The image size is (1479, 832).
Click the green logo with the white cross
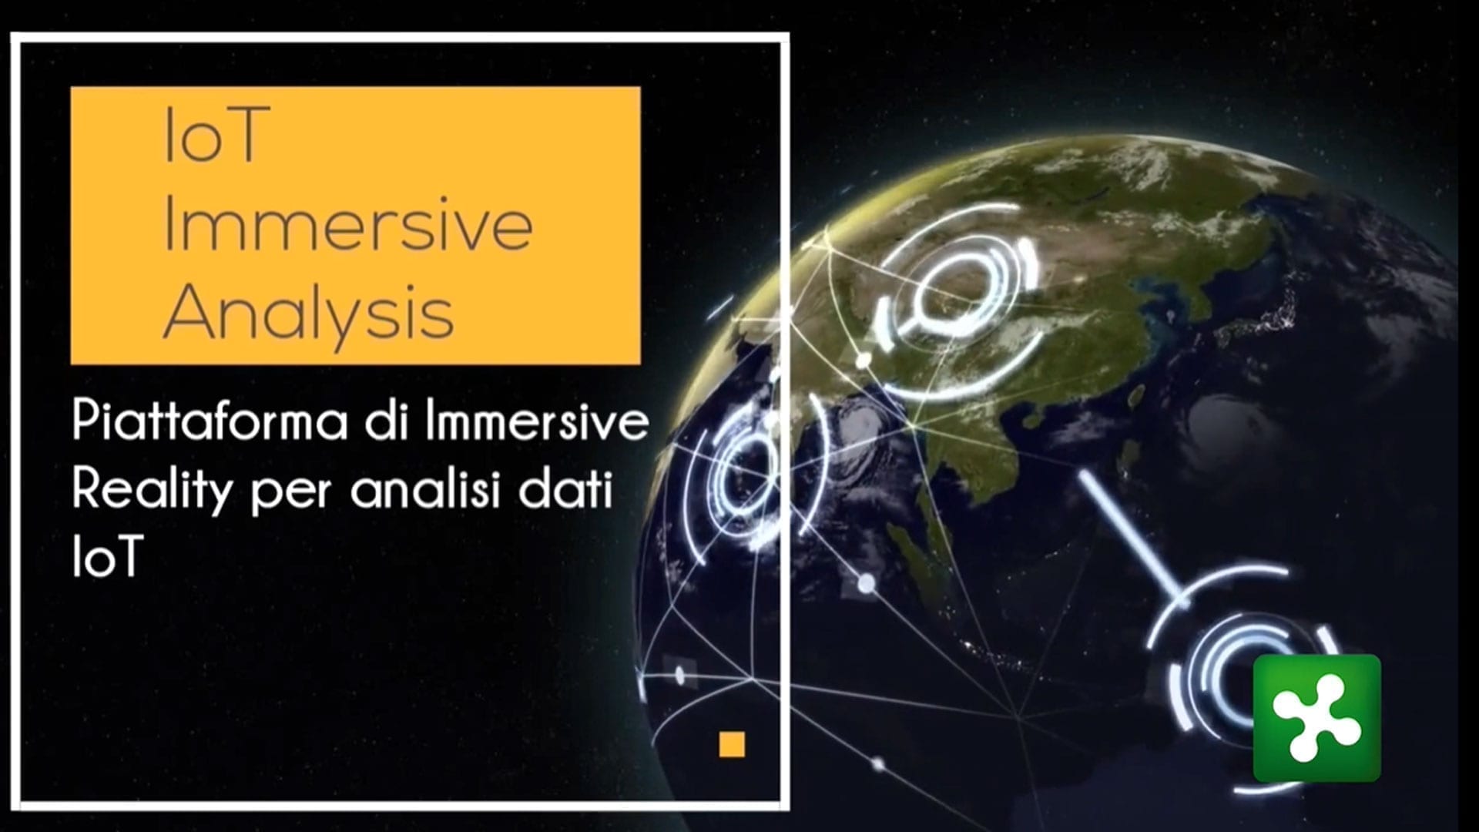coord(1316,718)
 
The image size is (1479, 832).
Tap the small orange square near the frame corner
coord(732,745)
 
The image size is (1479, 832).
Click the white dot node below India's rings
coord(867,583)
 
